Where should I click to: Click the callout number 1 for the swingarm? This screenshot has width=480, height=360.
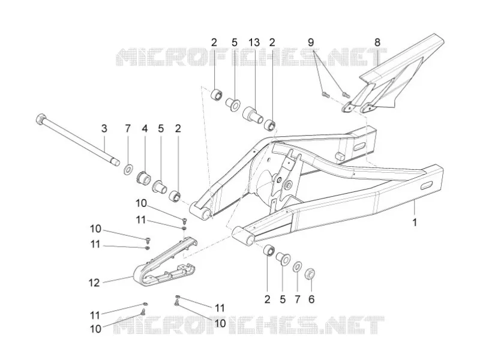[415, 223]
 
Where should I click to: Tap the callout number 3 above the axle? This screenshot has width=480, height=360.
[104, 128]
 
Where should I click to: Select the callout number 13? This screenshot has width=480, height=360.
[254, 42]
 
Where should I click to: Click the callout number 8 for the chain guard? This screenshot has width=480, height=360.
[377, 42]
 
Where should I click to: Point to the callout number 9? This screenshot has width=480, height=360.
[311, 42]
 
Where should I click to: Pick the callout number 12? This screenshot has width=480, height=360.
[94, 283]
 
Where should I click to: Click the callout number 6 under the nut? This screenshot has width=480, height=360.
[311, 299]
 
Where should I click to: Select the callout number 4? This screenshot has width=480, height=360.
[145, 128]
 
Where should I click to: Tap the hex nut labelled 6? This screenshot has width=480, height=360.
[310, 273]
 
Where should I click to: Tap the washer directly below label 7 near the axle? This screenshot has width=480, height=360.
[128, 169]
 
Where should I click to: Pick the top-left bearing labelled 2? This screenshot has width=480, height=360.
[217, 94]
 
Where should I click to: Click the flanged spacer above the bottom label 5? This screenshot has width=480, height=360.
[283, 258]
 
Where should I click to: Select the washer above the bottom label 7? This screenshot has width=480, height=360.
[297, 266]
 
